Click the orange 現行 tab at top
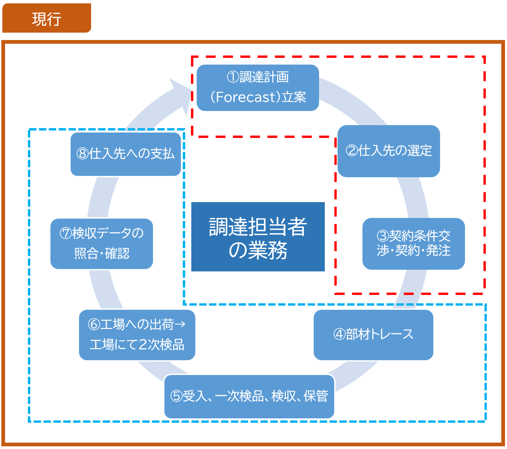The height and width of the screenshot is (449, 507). [46, 18]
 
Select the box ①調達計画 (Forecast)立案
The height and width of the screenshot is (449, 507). [258, 87]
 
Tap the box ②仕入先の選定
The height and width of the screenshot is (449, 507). [389, 151]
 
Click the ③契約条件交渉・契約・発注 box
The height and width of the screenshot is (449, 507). [414, 244]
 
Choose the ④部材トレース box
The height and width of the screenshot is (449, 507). [373, 335]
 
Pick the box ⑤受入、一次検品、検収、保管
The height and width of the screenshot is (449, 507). [249, 396]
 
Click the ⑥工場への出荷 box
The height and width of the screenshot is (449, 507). [137, 335]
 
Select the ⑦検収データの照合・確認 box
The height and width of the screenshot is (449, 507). [102, 244]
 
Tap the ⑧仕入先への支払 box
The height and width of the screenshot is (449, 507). [125, 154]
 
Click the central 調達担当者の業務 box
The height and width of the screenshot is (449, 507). [258, 237]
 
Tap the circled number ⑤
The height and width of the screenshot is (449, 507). [176, 396]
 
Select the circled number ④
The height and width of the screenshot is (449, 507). [339, 335]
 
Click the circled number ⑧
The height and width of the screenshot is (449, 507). [82, 154]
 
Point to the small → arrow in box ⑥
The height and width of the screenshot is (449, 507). [180, 325]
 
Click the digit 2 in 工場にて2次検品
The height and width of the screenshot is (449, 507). [143, 345]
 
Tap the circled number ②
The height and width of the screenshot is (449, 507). [352, 151]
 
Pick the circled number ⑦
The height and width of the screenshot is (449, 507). [66, 233]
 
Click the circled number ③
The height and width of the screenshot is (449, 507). [383, 236]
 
